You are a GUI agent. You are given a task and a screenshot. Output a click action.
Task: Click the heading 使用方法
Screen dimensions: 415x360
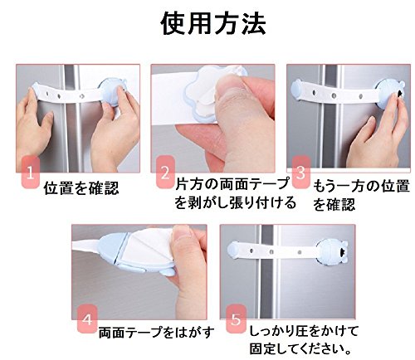pos(213,24)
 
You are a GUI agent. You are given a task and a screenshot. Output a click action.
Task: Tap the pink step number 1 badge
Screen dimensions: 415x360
pos(31,173)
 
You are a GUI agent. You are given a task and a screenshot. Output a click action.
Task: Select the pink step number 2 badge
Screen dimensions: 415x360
pos(165,172)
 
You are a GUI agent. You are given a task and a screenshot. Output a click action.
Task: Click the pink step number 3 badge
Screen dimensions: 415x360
pos(301,172)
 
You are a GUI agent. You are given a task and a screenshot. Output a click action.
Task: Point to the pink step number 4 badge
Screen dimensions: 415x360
pos(87,319)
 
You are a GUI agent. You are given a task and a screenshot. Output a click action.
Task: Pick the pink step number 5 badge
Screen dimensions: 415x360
pos(236,319)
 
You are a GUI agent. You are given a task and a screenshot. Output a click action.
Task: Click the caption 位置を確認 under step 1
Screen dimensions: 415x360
pos(81,188)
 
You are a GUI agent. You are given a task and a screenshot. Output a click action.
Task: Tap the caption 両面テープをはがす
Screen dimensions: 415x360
pos(157,332)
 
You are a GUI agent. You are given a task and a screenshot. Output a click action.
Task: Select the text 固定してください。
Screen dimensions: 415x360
pos(300,348)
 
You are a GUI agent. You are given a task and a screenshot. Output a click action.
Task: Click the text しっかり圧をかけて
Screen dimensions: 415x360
pos(304,331)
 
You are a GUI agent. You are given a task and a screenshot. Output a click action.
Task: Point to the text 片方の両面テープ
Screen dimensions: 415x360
pos(232,184)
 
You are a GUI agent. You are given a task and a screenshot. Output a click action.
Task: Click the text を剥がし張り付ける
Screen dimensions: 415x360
pos(235,202)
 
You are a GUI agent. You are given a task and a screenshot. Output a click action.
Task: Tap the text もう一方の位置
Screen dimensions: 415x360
pos(361,186)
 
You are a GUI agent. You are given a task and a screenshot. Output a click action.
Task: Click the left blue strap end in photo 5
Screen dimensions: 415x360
pos(233,250)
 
